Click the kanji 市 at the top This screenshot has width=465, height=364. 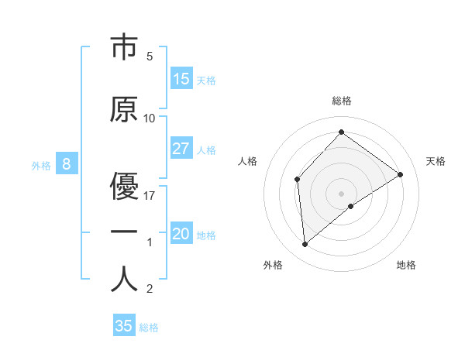(124, 48)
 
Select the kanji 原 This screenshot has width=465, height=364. (124, 110)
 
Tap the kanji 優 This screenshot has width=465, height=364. (124, 186)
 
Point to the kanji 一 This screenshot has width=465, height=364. (124, 233)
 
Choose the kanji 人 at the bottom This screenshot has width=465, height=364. (124, 280)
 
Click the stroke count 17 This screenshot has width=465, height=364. (150, 196)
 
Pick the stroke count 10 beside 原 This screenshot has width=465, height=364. (150, 118)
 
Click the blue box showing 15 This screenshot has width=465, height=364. (181, 79)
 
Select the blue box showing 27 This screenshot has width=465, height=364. (181, 149)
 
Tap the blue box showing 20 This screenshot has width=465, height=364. (181, 234)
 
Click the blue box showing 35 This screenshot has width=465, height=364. (124, 326)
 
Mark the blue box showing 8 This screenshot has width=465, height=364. (67, 164)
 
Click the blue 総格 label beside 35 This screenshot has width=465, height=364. (149, 328)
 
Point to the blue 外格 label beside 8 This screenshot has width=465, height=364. (41, 165)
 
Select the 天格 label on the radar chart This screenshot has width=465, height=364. (436, 161)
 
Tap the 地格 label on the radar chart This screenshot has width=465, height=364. (406, 265)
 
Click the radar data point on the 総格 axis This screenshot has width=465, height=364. (341, 132)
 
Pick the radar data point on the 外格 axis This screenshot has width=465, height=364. (305, 244)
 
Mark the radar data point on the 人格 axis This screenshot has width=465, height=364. (298, 180)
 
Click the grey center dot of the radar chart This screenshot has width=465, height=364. (341, 193)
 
